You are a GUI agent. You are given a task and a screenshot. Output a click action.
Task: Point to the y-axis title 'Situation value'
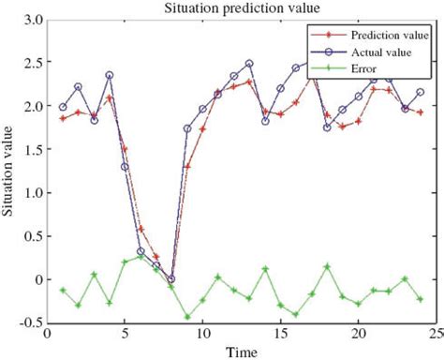(10, 172)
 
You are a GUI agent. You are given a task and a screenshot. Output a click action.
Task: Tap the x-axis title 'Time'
(243, 352)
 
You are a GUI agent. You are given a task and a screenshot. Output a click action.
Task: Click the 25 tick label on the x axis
(436, 335)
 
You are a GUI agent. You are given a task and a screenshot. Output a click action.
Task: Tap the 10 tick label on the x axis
(202, 335)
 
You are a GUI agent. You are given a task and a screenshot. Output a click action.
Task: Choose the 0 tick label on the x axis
(48, 335)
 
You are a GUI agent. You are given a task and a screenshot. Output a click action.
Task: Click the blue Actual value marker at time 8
(171, 279)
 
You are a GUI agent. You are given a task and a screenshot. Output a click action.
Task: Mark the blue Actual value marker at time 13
(249, 64)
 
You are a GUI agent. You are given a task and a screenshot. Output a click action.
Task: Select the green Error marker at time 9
(187, 317)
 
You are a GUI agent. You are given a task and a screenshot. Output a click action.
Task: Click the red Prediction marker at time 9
(187, 166)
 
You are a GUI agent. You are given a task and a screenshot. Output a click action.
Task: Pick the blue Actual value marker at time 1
(63, 107)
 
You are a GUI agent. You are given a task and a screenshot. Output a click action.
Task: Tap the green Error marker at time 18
(327, 266)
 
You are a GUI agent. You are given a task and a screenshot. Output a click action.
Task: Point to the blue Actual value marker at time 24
(421, 92)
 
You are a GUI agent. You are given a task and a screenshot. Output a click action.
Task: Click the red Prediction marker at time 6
(141, 229)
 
